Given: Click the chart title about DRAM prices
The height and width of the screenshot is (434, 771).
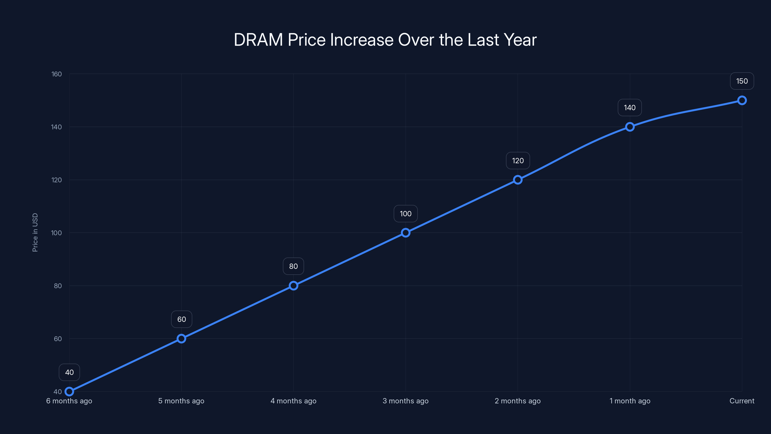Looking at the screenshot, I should (x=385, y=40).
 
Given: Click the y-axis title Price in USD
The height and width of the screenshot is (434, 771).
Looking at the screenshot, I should (x=35, y=232).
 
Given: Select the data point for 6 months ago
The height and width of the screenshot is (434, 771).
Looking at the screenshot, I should (x=69, y=392).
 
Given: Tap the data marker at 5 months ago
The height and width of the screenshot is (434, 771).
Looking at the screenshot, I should (x=181, y=339).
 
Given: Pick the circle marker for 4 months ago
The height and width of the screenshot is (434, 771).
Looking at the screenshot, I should (x=293, y=286).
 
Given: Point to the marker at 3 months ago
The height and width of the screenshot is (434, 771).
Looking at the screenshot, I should (x=405, y=233).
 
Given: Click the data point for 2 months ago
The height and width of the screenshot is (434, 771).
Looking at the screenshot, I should (x=518, y=180).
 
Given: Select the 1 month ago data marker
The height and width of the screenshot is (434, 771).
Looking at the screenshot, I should (x=630, y=127).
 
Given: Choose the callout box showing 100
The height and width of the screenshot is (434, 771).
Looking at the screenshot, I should (x=405, y=214).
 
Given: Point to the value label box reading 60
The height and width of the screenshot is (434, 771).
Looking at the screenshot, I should (x=181, y=319).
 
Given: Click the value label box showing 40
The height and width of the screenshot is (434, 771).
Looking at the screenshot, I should (x=69, y=372).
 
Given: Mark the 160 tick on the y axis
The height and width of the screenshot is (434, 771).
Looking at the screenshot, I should (x=57, y=74).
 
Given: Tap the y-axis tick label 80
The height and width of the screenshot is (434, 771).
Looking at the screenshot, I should (x=58, y=286).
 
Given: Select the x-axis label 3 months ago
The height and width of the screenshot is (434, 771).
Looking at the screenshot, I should (x=405, y=401).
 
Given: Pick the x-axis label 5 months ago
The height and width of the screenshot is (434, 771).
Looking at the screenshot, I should (x=181, y=401).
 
